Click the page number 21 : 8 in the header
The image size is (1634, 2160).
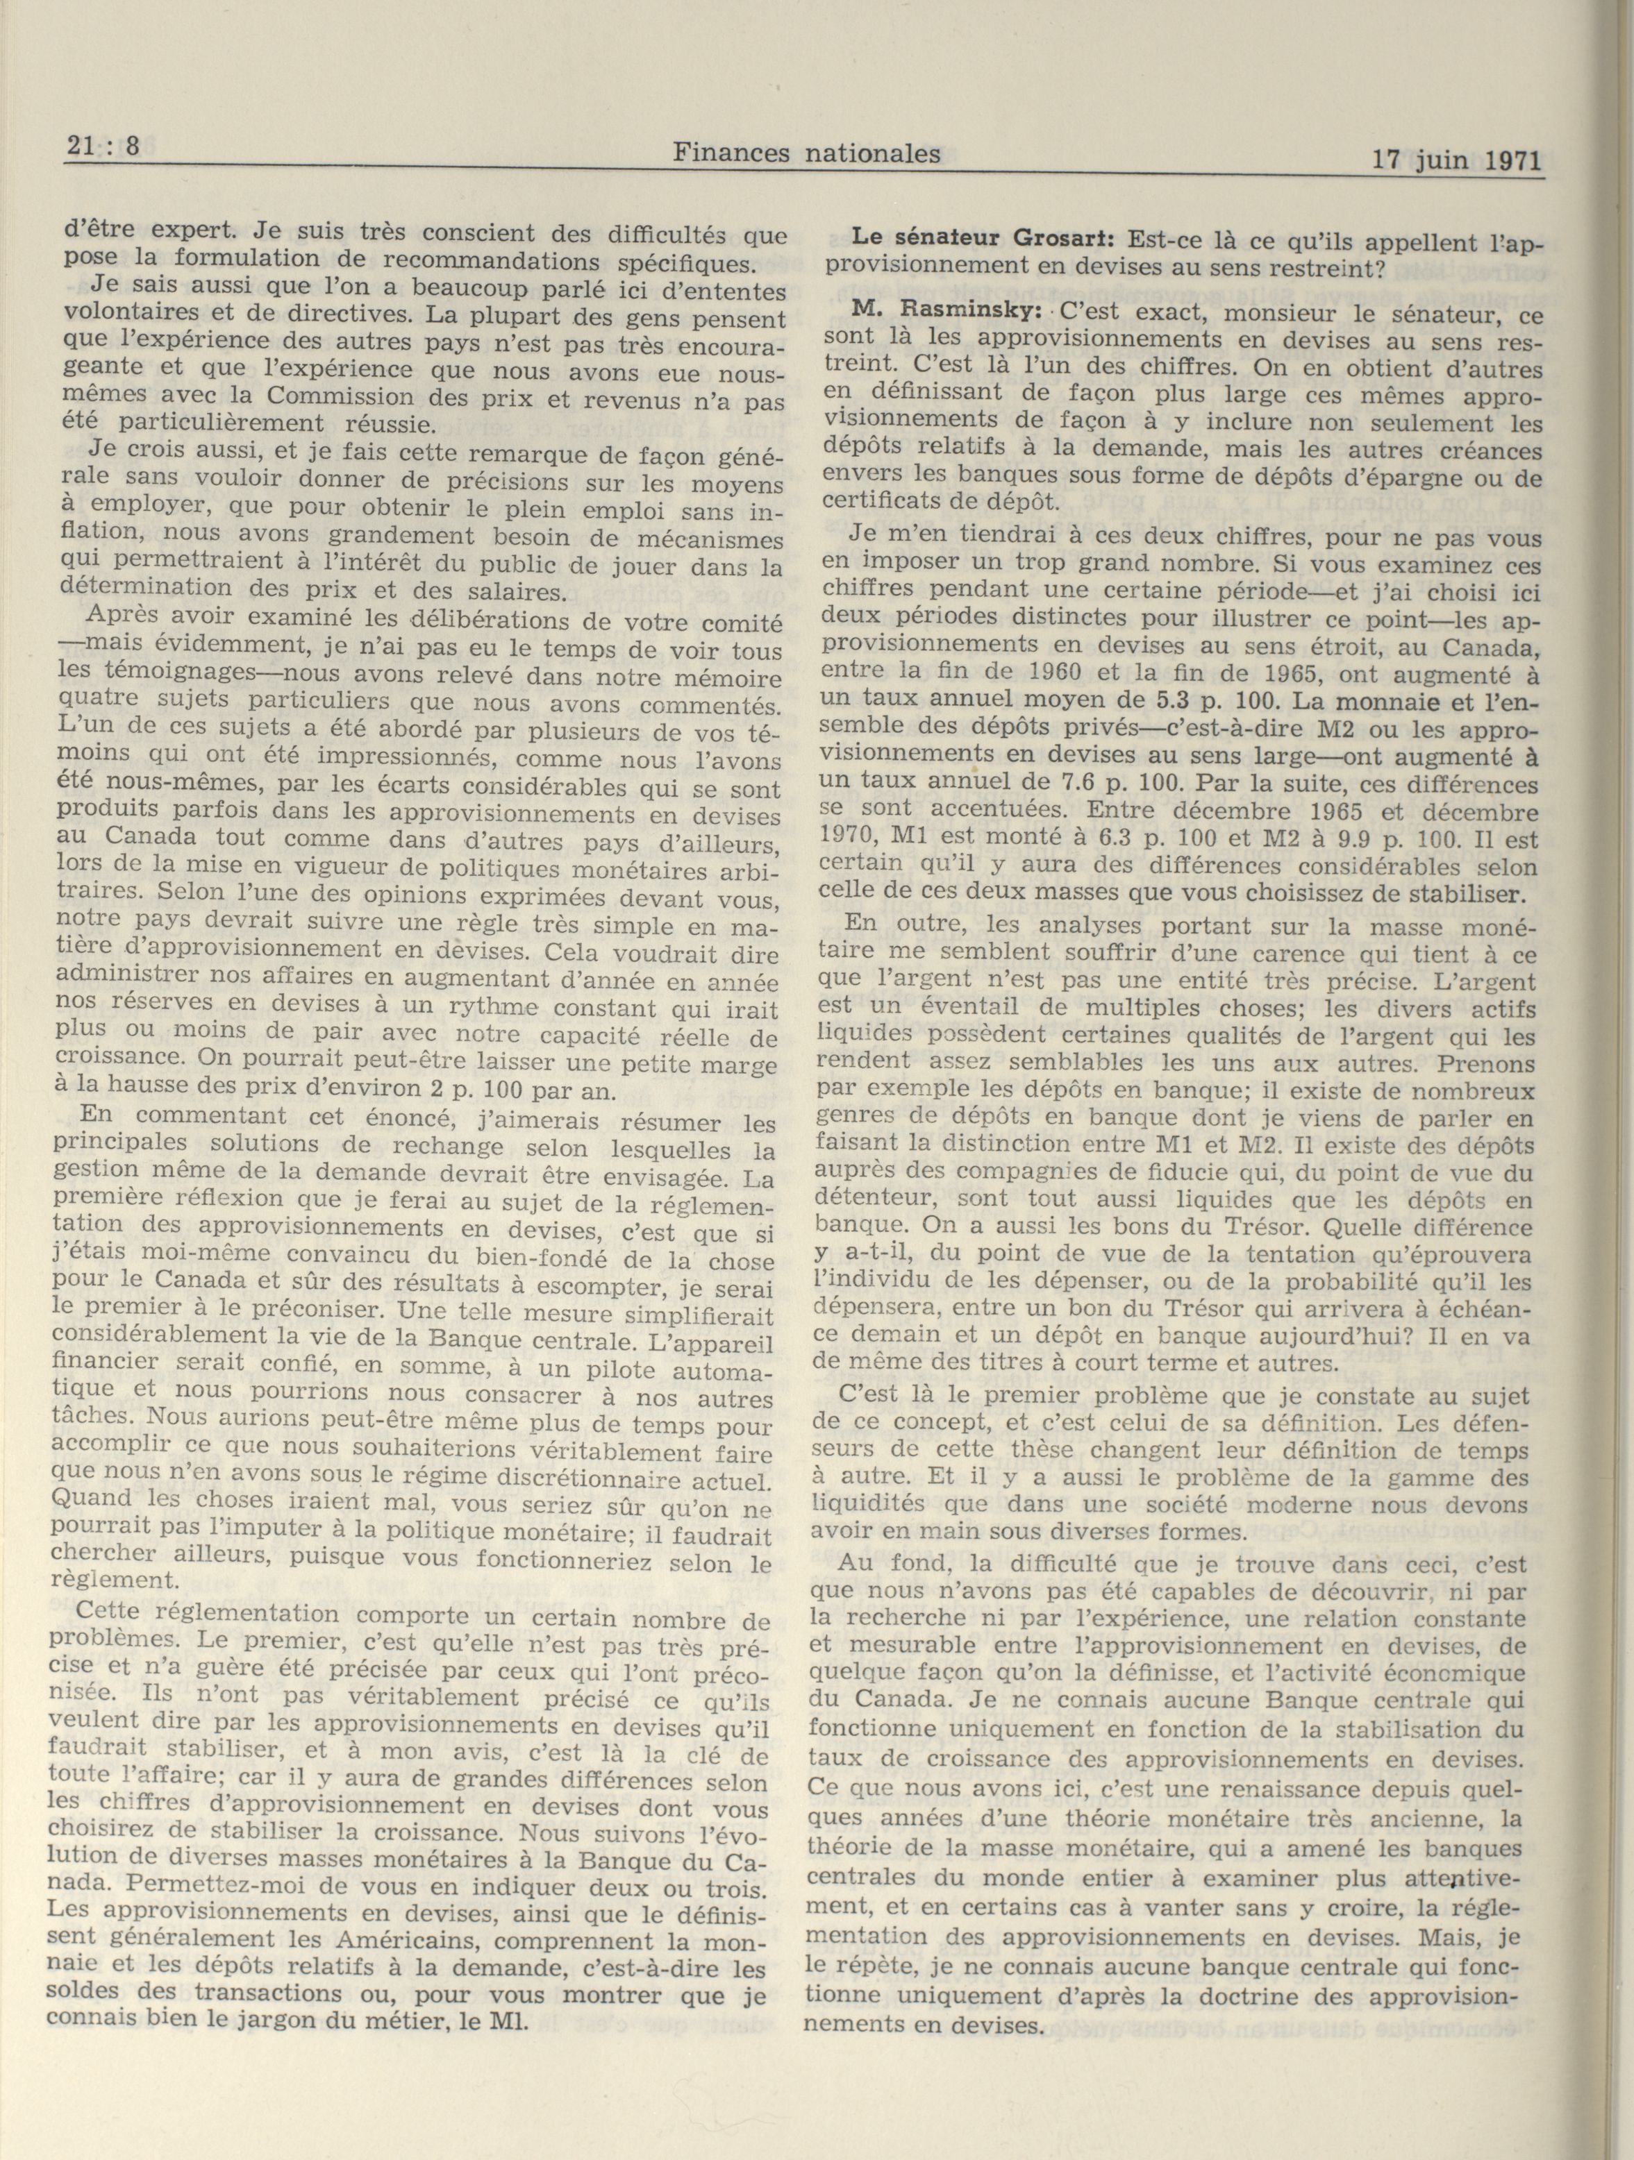coord(103,149)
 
